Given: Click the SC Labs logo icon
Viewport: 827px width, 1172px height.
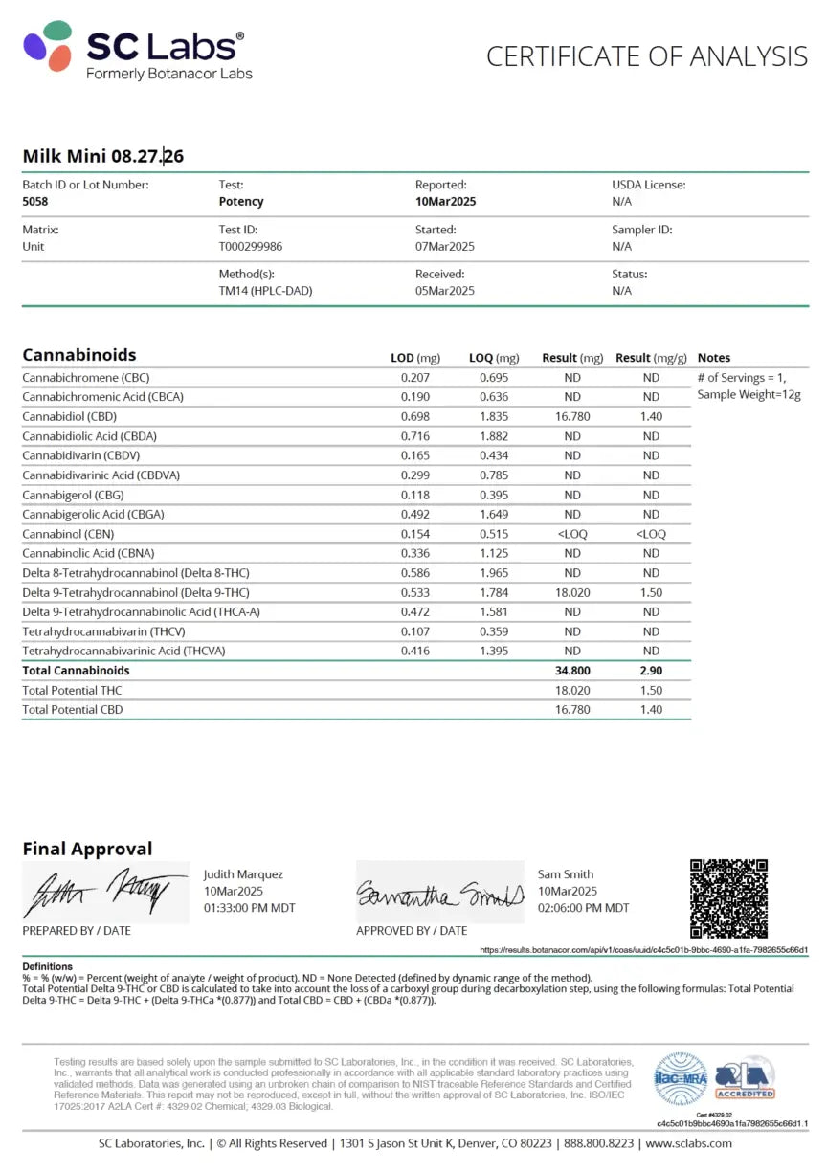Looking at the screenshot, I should pyautogui.click(x=48, y=47).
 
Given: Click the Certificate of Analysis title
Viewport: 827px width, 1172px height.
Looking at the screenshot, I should pyautogui.click(x=646, y=56).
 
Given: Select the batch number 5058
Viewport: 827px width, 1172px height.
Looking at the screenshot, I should pyautogui.click(x=35, y=202).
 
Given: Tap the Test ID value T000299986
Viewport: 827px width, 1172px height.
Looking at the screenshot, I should pyautogui.click(x=250, y=246).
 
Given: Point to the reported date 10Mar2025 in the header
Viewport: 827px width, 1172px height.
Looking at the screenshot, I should pyautogui.click(x=445, y=202).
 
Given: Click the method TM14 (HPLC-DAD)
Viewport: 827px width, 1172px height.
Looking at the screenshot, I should pyautogui.click(x=265, y=291).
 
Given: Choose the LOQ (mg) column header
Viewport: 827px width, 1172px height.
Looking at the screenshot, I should pyautogui.click(x=494, y=358).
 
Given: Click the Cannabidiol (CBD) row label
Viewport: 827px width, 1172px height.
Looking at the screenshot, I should pyautogui.click(x=71, y=416).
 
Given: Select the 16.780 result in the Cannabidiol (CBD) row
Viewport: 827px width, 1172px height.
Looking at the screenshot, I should pyautogui.click(x=572, y=416).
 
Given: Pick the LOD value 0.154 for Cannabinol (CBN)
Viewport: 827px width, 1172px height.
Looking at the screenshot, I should pyautogui.click(x=415, y=534).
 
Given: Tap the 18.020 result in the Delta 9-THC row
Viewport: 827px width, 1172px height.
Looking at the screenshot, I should pyautogui.click(x=572, y=592).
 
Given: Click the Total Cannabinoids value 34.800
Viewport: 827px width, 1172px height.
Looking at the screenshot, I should pyautogui.click(x=572, y=671).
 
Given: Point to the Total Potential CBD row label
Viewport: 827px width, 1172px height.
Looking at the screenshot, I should pyautogui.click(x=72, y=710).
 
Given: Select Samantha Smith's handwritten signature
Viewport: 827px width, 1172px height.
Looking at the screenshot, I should pyautogui.click(x=439, y=894).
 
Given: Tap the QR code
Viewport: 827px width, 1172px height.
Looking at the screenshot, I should pyautogui.click(x=729, y=897).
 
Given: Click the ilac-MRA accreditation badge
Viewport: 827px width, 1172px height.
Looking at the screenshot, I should pyautogui.click(x=680, y=1079).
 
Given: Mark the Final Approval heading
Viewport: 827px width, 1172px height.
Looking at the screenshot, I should pyautogui.click(x=87, y=849).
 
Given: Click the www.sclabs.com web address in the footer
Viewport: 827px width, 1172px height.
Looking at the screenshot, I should pyautogui.click(x=689, y=1143).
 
